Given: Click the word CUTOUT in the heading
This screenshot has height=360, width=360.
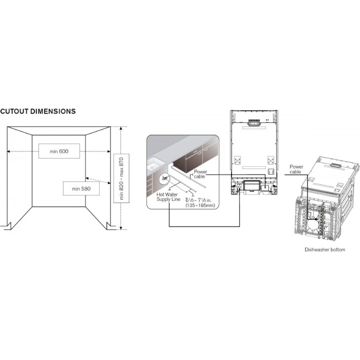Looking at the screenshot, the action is pos(14,111).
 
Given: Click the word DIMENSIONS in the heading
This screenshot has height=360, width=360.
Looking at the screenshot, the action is pos(53,111).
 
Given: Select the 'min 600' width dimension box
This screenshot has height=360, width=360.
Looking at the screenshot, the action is pos(59,151).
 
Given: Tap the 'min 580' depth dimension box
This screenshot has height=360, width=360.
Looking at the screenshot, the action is pos(81,188).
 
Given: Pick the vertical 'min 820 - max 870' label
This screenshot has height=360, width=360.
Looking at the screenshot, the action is pos(121,178).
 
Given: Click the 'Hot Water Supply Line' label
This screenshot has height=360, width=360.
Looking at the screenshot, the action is pos(168,197).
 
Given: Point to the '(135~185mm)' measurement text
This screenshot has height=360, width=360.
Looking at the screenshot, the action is pos(200,205).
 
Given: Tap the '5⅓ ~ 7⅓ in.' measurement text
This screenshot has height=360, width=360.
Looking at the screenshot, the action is pos(198,200).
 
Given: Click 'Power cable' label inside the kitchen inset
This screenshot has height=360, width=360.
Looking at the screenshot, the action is pos(200,174).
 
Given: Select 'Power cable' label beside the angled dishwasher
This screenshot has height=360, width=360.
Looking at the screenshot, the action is pos(296,169).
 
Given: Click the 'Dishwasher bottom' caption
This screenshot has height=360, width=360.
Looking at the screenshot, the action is pos(324,249).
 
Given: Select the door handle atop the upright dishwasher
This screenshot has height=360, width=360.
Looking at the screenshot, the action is pos(253,122).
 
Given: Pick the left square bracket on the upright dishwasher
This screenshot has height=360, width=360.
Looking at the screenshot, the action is pos(237,160).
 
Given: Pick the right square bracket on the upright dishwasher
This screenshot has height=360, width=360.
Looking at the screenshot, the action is pos(271,160).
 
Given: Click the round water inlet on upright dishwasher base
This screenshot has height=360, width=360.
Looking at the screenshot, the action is pos(239,187).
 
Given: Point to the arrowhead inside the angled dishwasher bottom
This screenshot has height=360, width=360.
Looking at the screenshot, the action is pos(317,219).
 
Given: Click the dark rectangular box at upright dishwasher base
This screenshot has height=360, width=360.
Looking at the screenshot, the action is pos(252,185).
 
